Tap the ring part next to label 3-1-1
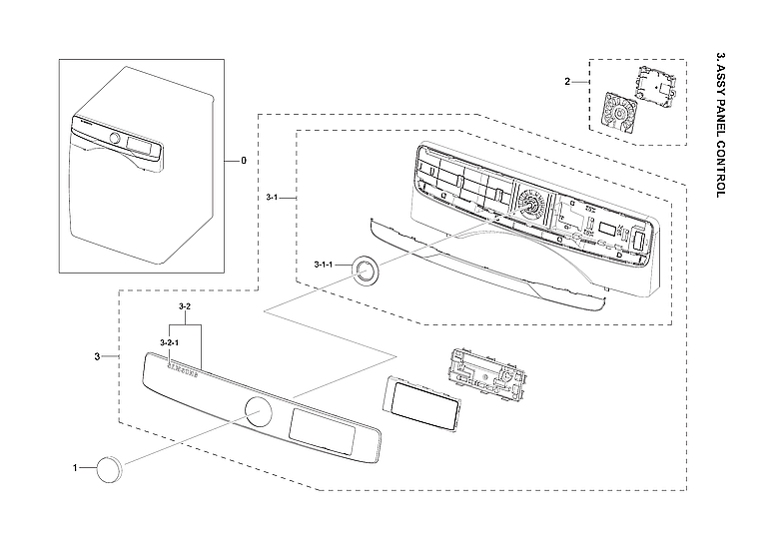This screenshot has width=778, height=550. click(x=366, y=269)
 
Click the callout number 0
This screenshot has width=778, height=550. click(x=242, y=160)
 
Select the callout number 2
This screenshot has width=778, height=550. click(x=567, y=82)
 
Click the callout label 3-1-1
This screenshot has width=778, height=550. click(x=323, y=264)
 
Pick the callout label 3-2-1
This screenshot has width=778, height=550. click(x=168, y=342)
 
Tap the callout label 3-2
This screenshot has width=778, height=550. click(x=184, y=304)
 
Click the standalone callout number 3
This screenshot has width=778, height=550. click(x=97, y=356)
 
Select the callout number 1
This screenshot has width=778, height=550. click(x=74, y=466)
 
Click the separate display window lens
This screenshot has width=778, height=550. click(x=419, y=404)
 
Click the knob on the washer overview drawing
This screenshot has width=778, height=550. click(x=115, y=139)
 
